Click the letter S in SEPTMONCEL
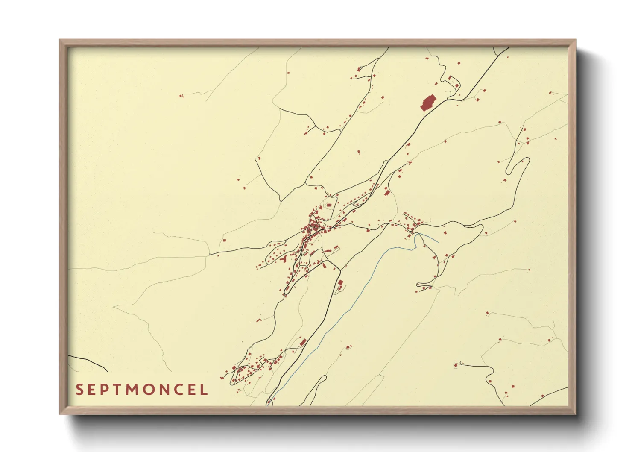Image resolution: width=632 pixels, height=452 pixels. coord(79,390)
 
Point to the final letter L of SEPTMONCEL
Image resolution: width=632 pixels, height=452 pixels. coord(204,390)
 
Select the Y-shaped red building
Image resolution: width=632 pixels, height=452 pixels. coord(284,258)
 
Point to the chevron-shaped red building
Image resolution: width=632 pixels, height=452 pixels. coord(259,320)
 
